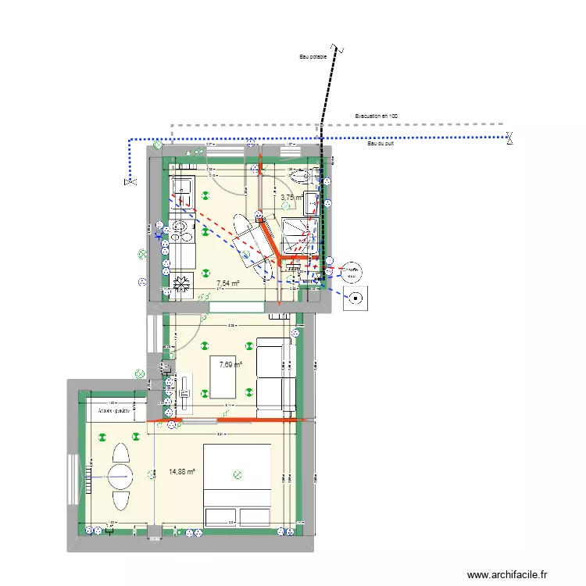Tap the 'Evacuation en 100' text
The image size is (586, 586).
[377, 116]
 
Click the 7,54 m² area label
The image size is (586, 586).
[227, 284]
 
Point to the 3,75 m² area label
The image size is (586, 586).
[291, 198]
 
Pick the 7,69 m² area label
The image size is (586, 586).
[230, 364]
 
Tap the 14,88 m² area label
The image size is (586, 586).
[181, 472]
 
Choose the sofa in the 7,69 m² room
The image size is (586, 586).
[278, 373]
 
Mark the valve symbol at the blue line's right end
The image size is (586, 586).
[509, 139]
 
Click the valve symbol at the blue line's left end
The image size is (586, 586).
[128, 182]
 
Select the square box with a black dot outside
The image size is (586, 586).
[357, 298]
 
